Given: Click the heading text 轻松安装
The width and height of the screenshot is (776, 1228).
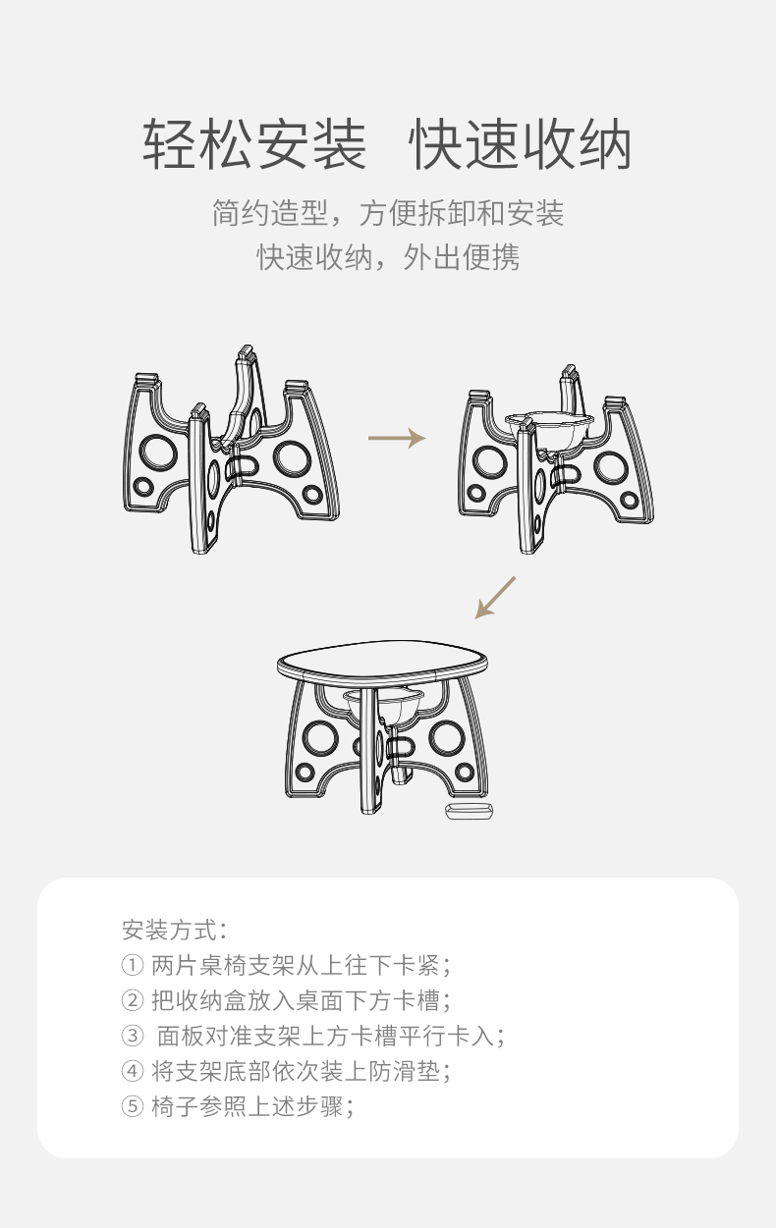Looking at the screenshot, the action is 253,144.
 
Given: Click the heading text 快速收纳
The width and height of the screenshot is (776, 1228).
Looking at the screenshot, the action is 521,144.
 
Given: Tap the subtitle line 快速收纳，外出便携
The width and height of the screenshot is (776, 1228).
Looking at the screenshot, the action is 388,256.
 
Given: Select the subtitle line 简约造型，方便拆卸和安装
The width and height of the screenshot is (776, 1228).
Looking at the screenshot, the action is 388,213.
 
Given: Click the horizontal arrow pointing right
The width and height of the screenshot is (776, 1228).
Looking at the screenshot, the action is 397,438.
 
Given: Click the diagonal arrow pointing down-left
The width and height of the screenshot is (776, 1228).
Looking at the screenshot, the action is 495,598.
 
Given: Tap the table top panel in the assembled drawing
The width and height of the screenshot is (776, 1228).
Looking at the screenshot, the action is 382,662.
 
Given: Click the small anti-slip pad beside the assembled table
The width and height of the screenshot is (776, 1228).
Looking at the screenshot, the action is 469,811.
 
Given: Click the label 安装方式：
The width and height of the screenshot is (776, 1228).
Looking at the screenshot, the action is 174,930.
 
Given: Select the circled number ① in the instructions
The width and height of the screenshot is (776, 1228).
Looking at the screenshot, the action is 133,965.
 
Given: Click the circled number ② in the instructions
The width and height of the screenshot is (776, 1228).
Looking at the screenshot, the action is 133,1000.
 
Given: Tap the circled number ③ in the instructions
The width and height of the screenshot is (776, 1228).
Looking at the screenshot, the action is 133,1036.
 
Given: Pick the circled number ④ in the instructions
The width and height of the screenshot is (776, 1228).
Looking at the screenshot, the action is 133,1071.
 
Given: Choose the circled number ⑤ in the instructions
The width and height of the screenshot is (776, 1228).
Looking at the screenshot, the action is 133,1106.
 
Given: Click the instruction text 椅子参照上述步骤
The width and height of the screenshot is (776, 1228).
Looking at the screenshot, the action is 248,1106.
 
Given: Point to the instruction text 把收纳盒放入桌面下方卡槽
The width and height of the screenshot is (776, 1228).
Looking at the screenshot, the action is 296,1000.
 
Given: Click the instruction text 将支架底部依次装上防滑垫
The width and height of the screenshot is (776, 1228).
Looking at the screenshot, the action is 296,1071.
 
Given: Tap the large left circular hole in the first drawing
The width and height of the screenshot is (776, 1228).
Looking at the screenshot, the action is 158,454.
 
